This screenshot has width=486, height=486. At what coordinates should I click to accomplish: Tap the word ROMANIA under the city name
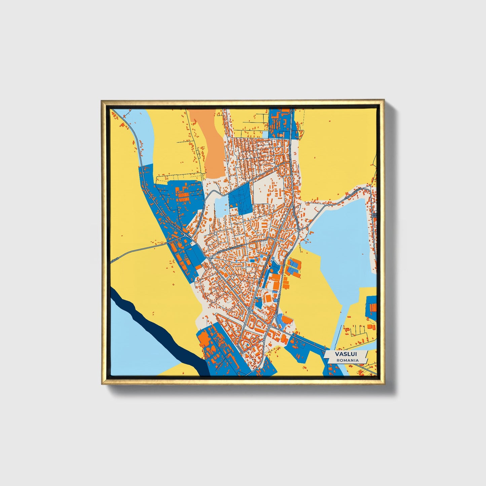[x=347, y=360]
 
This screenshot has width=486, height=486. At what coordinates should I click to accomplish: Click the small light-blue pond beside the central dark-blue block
[x=222, y=206]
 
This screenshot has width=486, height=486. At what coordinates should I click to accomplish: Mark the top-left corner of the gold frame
[x=102, y=101]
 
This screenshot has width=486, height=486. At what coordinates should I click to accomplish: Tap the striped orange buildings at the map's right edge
[x=373, y=307]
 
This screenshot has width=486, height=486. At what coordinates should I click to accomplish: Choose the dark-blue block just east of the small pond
[x=239, y=200]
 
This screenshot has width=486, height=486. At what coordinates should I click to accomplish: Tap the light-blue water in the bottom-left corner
[x=135, y=346]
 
